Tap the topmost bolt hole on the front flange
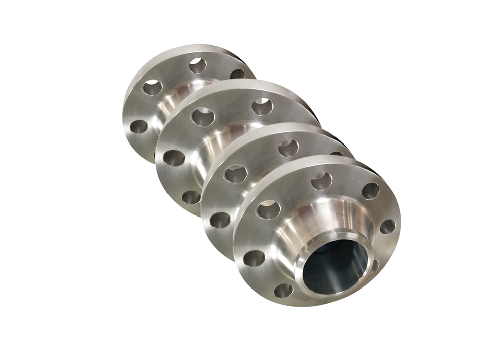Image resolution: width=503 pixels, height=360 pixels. point(321,180)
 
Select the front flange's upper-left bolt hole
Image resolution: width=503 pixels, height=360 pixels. point(268,209)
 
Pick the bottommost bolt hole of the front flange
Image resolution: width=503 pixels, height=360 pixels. point(283,291)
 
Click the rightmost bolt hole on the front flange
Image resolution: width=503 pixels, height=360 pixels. point(387,227)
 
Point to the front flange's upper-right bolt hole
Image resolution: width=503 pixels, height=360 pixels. point(371,191)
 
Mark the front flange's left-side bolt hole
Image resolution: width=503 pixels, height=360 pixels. point(254,258)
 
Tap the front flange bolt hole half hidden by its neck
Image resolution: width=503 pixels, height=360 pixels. point(374,265)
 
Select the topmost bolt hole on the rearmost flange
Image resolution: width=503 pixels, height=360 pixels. point(198,65)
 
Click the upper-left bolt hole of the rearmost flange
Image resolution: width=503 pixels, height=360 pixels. point(152,88)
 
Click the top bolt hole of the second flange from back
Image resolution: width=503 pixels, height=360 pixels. point(262,106)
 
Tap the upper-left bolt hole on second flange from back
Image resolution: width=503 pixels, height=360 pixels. point(203,117)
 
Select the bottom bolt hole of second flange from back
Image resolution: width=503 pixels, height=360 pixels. point(191,197)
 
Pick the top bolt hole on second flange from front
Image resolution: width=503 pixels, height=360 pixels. point(288,148)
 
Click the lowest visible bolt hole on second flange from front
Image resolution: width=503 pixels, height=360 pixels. point(220,220)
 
